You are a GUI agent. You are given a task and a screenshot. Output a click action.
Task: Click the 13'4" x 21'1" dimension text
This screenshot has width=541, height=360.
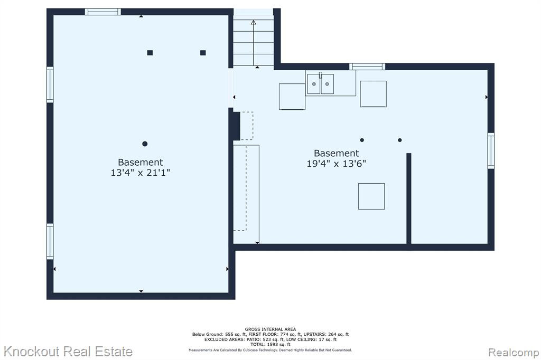click(x=140, y=173)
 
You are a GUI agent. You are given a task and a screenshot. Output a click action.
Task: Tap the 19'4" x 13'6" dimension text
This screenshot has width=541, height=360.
click(x=337, y=164)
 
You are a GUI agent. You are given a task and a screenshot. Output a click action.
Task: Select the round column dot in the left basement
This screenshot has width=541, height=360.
click(x=145, y=144)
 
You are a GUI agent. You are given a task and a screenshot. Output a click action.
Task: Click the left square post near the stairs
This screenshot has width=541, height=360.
click(x=150, y=53)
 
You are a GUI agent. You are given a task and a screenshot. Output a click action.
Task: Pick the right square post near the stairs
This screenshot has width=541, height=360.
click(x=203, y=53)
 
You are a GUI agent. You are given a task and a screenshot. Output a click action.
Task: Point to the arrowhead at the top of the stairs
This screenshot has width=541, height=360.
click(x=254, y=23)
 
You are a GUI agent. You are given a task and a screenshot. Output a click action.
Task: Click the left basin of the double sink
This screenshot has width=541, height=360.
click(x=314, y=84)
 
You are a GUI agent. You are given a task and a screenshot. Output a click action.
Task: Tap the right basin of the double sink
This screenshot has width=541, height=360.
click(x=327, y=84)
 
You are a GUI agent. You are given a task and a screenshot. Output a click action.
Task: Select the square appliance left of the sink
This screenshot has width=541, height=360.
click(x=292, y=97)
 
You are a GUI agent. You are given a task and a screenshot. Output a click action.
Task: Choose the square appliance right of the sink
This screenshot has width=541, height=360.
click(x=374, y=94)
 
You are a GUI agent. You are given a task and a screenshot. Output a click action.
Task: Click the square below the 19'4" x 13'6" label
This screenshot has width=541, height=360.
click(x=371, y=196)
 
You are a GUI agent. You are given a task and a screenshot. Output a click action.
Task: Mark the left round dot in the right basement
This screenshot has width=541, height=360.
click(x=362, y=140)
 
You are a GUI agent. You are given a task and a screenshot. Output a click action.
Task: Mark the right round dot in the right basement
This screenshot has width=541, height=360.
click(x=400, y=140)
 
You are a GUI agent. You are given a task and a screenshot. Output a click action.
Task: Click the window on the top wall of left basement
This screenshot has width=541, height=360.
click(x=103, y=12)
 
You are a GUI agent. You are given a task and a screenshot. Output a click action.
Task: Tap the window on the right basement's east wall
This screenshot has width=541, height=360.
click(x=491, y=150)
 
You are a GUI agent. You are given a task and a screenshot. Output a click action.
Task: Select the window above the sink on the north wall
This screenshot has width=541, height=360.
click(x=367, y=67)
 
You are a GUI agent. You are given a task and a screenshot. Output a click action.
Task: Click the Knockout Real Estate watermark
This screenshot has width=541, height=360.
click(x=68, y=352)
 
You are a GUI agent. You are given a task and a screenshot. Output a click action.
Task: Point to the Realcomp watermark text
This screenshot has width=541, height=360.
click(x=514, y=353)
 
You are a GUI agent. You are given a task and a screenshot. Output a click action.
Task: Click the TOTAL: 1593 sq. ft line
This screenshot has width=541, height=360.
click(x=270, y=344)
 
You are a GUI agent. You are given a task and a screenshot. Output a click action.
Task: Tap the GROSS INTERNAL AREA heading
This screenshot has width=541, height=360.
click(x=270, y=329)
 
